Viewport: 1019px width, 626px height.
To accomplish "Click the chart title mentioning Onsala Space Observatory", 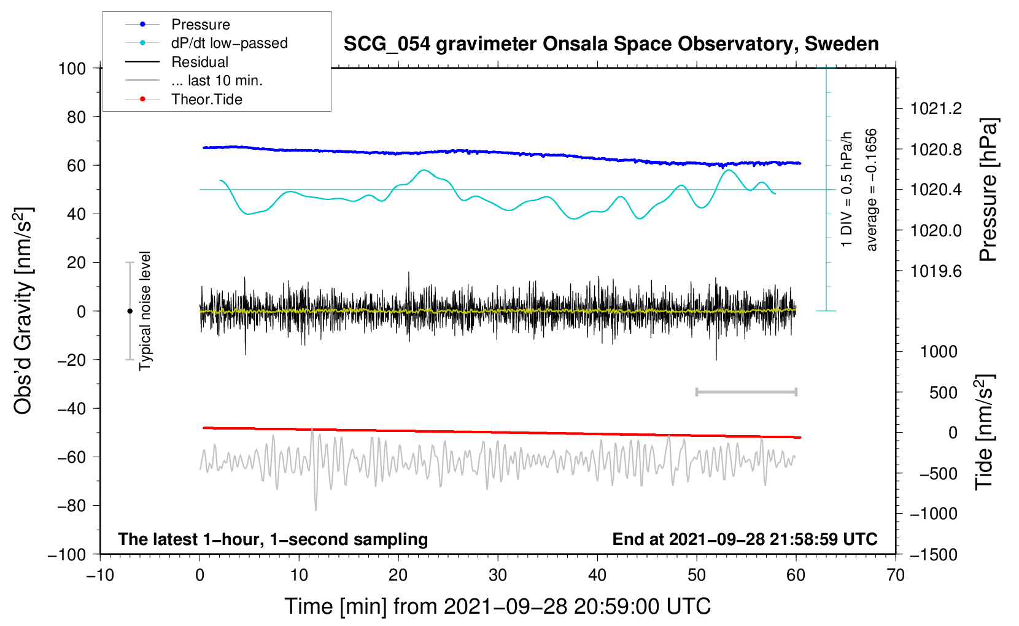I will click(x=611, y=44).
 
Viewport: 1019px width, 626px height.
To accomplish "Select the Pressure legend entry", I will click(x=200, y=25).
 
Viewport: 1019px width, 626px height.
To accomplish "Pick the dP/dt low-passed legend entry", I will click(x=229, y=43).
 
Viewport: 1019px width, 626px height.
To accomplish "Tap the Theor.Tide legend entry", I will click(x=206, y=99).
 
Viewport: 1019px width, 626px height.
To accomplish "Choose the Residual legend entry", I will click(x=200, y=62).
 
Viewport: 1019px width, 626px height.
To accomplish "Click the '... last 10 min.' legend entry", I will click(x=217, y=80).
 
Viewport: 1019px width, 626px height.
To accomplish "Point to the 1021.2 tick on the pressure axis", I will click(x=936, y=109).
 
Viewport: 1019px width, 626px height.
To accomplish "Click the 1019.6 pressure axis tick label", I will click(x=936, y=271).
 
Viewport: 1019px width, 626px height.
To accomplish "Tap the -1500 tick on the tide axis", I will click(x=933, y=555).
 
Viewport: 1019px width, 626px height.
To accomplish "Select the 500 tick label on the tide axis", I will click(x=943, y=393).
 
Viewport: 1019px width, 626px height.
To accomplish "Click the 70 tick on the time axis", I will click(x=896, y=575).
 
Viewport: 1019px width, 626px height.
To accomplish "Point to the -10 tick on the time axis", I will click(x=100, y=575).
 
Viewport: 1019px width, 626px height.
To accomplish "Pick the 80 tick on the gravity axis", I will click(x=76, y=117).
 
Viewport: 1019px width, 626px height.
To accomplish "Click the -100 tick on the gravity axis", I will click(x=67, y=555).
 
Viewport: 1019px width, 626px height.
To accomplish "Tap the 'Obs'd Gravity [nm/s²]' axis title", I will click(x=23, y=311).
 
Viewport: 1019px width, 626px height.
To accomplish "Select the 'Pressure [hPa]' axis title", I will click(x=988, y=190).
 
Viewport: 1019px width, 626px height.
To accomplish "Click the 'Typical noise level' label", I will click(x=145, y=311).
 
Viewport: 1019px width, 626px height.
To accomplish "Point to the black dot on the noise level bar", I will click(x=130, y=311).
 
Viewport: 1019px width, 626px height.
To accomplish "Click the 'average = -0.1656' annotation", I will click(x=872, y=190).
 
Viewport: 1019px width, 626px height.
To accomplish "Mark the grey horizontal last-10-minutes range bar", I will click(x=746, y=392).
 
